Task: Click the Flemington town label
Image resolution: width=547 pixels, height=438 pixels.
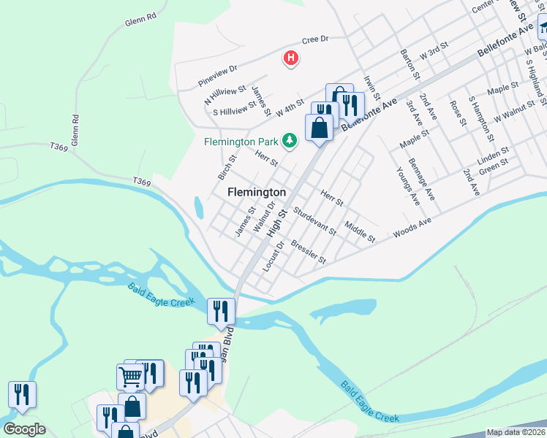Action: (x=256, y=192)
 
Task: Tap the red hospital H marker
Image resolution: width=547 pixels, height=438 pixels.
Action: (x=291, y=58)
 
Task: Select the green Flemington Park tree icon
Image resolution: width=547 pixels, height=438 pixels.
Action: (x=290, y=140)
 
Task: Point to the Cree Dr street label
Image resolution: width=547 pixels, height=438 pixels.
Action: (x=315, y=39)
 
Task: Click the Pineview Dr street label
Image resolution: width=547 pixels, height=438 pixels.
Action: (x=218, y=76)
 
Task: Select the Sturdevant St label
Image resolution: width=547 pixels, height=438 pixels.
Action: (x=314, y=221)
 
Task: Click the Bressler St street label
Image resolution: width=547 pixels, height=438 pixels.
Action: (x=308, y=251)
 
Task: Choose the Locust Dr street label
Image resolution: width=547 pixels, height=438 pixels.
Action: (x=272, y=253)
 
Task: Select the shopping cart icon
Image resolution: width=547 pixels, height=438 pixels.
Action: (x=130, y=377)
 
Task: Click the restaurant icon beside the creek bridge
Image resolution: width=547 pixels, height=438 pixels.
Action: (x=221, y=312)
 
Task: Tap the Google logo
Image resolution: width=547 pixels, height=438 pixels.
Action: (x=24, y=429)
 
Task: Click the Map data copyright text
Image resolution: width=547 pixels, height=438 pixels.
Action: (x=516, y=432)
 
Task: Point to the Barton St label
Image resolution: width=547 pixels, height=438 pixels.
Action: (x=410, y=65)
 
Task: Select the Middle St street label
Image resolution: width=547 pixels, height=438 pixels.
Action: (x=360, y=233)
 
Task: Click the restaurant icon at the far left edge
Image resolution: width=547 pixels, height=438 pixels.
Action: (x=22, y=395)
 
